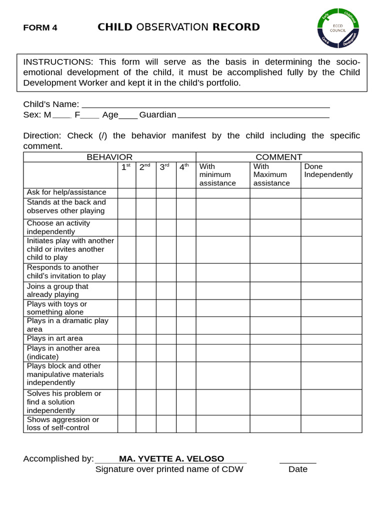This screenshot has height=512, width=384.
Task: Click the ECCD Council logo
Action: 338,28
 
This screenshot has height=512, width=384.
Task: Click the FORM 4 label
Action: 40,28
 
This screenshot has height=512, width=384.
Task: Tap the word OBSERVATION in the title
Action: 172,27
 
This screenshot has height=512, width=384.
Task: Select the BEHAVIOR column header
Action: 109,157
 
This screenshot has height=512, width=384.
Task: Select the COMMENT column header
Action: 278,157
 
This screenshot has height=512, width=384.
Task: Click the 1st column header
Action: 126,167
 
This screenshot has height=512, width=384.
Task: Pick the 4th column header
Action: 185,167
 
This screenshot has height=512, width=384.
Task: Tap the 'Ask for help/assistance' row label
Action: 66,192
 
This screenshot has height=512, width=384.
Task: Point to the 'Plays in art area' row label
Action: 55,338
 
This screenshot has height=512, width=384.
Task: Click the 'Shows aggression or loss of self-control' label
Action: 63,423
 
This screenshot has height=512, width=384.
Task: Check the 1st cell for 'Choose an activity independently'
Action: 126,227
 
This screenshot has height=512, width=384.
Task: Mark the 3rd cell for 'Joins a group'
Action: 165,290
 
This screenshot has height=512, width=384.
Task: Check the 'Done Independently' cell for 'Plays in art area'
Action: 331,339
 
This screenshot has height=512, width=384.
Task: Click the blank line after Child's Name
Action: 205,104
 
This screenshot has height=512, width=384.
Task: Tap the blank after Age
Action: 128,115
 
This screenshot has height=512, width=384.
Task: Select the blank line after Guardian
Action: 253,115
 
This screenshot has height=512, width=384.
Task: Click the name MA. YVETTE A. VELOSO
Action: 171,458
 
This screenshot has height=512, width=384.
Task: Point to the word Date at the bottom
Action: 298,469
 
